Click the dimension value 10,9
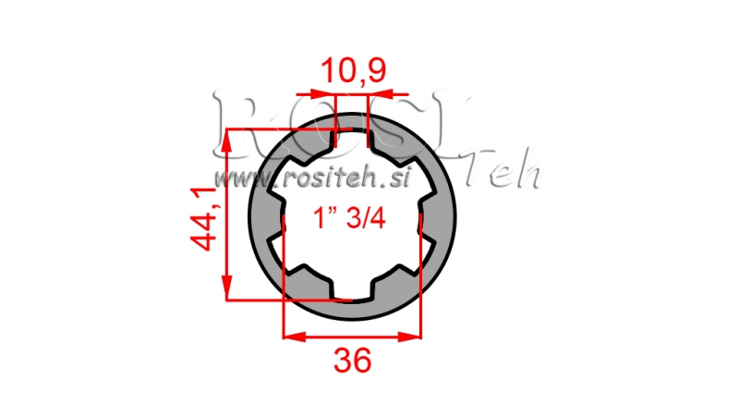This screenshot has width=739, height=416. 353,70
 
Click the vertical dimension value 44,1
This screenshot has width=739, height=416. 205,216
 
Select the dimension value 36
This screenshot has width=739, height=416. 353,361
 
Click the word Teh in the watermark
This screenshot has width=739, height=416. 503,174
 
